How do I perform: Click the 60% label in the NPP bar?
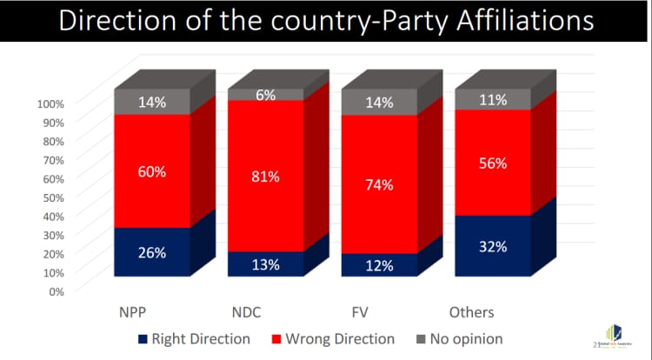click(x=152, y=171)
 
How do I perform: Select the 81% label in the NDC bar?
click(x=266, y=177)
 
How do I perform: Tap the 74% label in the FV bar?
click(x=380, y=184)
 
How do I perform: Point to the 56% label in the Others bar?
click(x=493, y=162)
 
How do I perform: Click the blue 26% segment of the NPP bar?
click(x=152, y=252)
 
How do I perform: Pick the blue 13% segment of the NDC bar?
click(x=266, y=264)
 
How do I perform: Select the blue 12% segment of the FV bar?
click(x=380, y=265)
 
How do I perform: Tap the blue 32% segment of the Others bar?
click(x=493, y=246)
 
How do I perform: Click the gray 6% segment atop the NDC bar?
click(x=266, y=95)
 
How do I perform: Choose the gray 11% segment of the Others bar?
click(x=493, y=99)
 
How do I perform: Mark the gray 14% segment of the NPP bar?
click(x=152, y=102)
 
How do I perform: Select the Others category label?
click(x=471, y=312)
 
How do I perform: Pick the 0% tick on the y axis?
click(x=57, y=291)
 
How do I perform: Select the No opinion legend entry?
click(x=462, y=338)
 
